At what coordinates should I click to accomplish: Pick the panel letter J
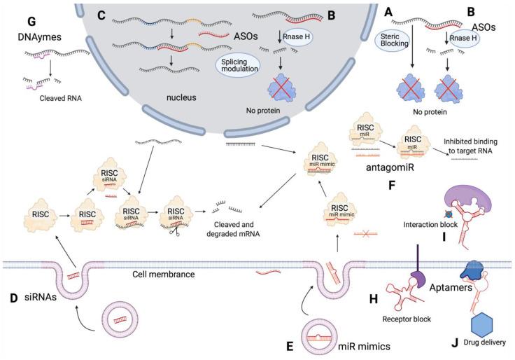[x=456, y=343]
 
